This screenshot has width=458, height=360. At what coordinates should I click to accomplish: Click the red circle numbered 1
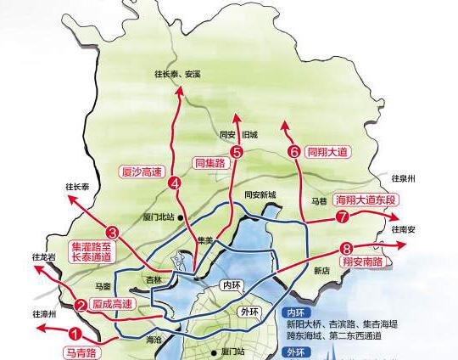tap(75, 335)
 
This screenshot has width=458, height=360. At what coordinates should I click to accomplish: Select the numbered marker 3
tap(112, 231)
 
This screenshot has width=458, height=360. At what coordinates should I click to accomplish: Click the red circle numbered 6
tap(294, 152)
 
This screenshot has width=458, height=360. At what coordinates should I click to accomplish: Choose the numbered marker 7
tap(343, 217)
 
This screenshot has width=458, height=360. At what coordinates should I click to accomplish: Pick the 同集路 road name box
tap(209, 161)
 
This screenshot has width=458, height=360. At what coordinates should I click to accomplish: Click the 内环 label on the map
tap(230, 284)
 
